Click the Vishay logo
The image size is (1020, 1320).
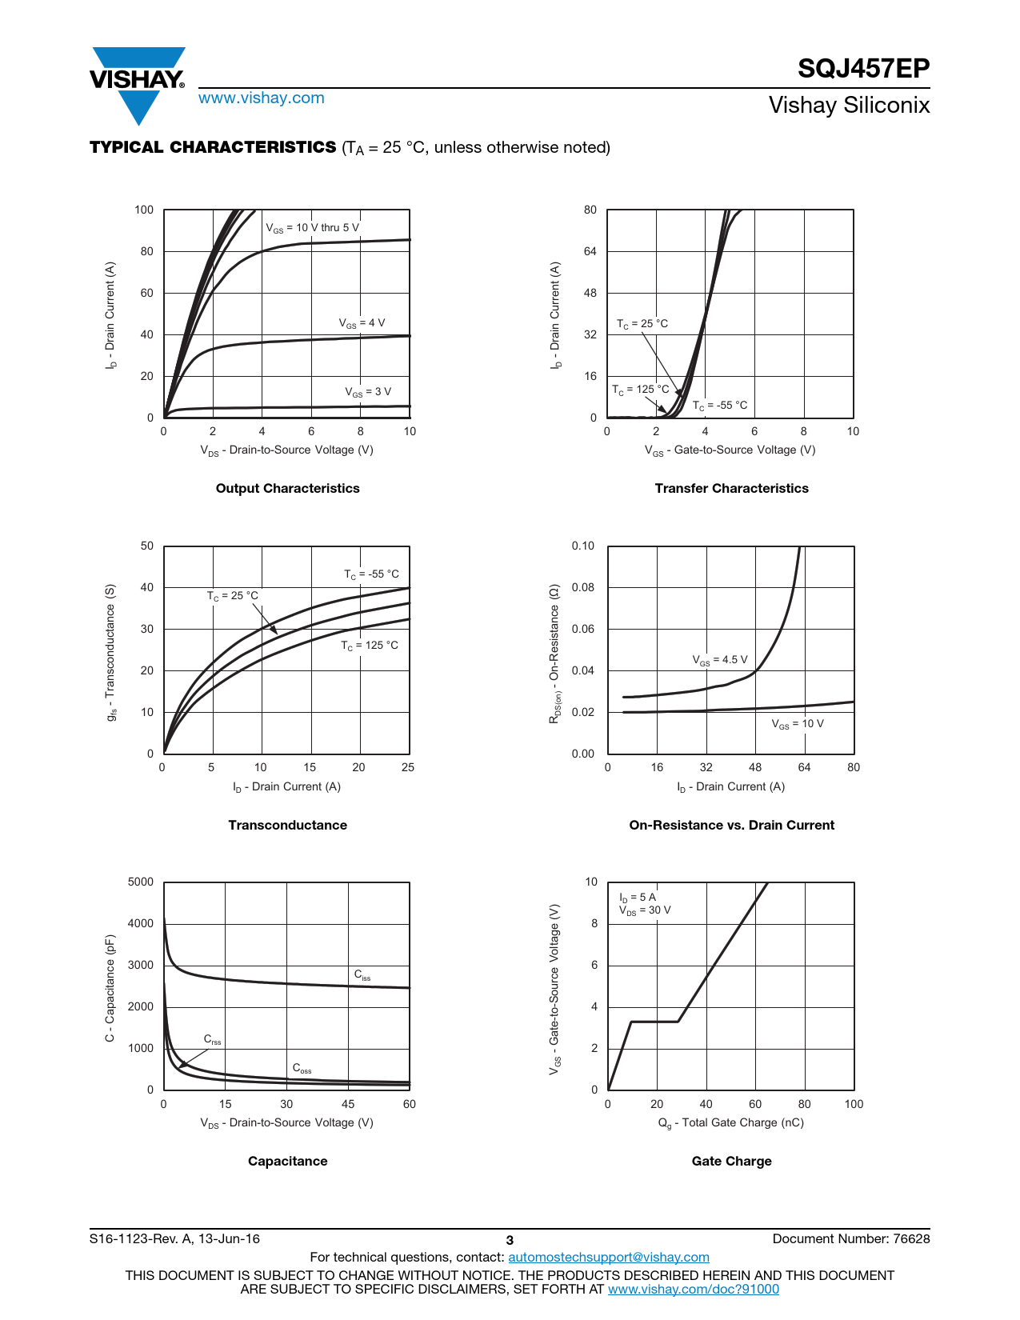(x=138, y=85)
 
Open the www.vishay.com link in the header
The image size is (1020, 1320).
(x=262, y=98)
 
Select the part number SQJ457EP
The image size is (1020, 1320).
(x=863, y=68)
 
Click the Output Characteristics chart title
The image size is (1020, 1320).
(x=287, y=488)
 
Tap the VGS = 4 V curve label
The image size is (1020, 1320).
(x=362, y=323)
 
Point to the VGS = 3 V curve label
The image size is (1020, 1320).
(x=367, y=392)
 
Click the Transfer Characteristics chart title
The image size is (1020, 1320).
(x=731, y=488)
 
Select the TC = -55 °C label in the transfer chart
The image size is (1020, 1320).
(x=720, y=406)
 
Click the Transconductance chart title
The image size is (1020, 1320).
(x=287, y=825)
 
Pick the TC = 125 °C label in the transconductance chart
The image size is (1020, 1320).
(x=370, y=646)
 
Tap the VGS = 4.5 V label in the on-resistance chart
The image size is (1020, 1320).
(x=720, y=660)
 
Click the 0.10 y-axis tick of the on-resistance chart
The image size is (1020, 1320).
(x=582, y=546)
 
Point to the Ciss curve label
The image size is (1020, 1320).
(x=362, y=975)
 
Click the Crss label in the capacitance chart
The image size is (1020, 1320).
(x=212, y=1039)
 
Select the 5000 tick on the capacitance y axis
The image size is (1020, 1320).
(x=140, y=882)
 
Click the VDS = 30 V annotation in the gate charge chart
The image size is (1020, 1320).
(x=645, y=910)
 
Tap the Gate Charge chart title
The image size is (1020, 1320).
(x=731, y=1161)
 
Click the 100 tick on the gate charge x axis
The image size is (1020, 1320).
(x=854, y=1104)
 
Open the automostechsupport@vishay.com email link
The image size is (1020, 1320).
(x=609, y=1257)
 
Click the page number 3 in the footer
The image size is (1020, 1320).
(x=510, y=1241)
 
